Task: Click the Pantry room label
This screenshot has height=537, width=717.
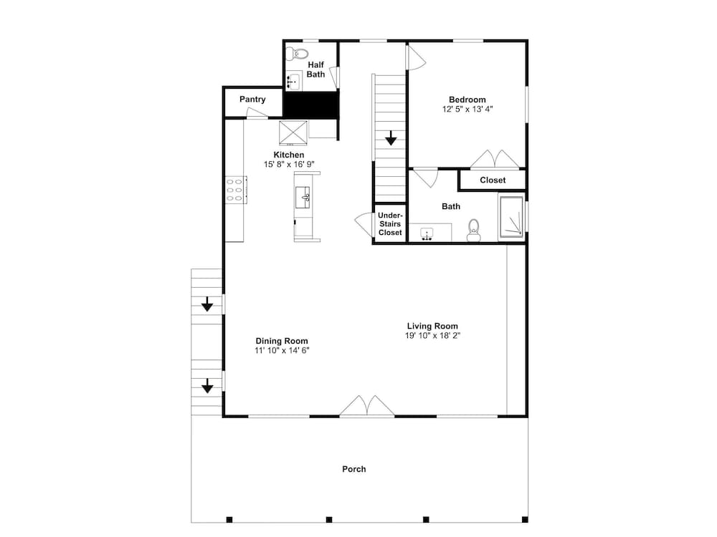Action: point(252,99)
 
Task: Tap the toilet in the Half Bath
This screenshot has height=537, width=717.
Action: point(297,54)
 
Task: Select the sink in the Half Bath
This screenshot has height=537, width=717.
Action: point(293,82)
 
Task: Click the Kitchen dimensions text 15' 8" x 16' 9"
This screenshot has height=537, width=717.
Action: point(289,165)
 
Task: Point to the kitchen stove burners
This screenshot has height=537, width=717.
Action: point(235,190)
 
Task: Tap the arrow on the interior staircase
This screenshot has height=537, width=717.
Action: point(391,138)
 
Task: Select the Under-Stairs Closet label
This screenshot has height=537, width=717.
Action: point(390,223)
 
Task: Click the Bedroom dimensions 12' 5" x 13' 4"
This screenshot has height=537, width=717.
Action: point(467,109)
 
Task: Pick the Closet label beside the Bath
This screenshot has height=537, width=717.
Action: point(493,180)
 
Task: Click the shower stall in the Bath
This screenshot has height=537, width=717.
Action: point(511,218)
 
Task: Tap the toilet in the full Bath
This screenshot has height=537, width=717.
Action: point(473,230)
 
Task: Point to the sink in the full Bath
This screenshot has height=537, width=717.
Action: point(427,234)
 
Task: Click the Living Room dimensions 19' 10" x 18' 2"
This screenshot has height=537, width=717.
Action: point(432,336)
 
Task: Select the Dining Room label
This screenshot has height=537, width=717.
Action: point(282,341)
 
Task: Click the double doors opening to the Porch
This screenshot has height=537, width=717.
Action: point(367,406)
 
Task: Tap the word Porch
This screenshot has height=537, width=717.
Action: point(354,469)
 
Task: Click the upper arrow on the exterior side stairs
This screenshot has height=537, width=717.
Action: point(208,304)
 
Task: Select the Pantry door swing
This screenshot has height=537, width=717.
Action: point(255,112)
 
